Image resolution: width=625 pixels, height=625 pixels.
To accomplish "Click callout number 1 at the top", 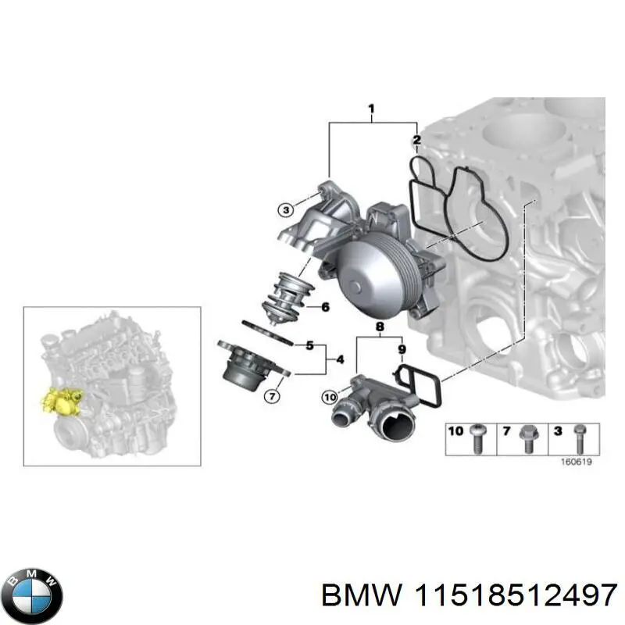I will pos(371,109).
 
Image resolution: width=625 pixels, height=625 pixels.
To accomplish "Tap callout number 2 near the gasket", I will pos(417,141).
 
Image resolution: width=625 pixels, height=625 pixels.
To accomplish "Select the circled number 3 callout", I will pos(287,209).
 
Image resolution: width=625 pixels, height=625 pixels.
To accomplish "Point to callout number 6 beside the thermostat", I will pos(325,307).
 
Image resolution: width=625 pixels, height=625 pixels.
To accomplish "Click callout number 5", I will pos(309,345).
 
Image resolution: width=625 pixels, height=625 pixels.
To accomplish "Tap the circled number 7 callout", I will pos(271,396).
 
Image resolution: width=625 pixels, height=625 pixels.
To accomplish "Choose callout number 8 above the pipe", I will pos(380,327).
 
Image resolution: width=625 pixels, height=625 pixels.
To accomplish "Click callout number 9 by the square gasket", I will pos(402,349).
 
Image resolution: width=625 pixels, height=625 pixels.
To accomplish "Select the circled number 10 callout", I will pos(330,398).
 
